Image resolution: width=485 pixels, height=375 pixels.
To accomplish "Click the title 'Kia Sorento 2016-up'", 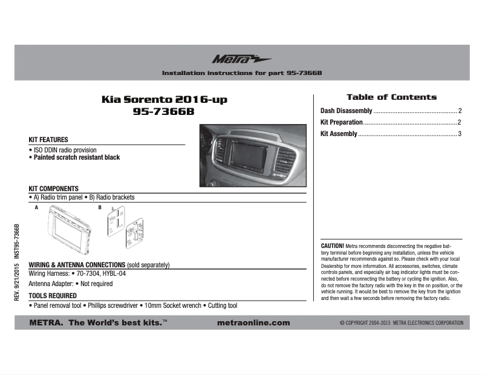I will [x=164, y=99].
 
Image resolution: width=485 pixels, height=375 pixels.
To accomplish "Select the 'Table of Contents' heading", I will [x=391, y=97].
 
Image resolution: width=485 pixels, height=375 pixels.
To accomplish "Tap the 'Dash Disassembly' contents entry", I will [x=346, y=111].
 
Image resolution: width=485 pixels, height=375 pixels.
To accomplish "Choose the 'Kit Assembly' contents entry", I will [x=339, y=134].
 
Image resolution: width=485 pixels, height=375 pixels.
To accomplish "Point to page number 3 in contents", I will [x=460, y=134].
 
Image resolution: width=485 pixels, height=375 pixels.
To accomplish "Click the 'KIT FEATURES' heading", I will [x=48, y=140].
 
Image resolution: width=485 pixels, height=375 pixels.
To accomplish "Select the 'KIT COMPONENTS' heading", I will [x=54, y=189].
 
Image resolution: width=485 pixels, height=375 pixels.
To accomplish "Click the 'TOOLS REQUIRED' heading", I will [x=53, y=296].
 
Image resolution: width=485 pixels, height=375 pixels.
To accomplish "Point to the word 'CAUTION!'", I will [x=332, y=246].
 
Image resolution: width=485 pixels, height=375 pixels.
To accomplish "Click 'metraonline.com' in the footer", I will [x=253, y=323].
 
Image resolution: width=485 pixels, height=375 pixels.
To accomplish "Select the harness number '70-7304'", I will [x=88, y=273].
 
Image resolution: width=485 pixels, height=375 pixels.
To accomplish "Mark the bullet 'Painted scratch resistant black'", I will [x=76, y=157].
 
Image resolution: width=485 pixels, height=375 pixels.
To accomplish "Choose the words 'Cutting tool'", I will [x=223, y=306].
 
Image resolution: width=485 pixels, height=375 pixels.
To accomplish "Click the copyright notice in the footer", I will [x=402, y=323].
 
